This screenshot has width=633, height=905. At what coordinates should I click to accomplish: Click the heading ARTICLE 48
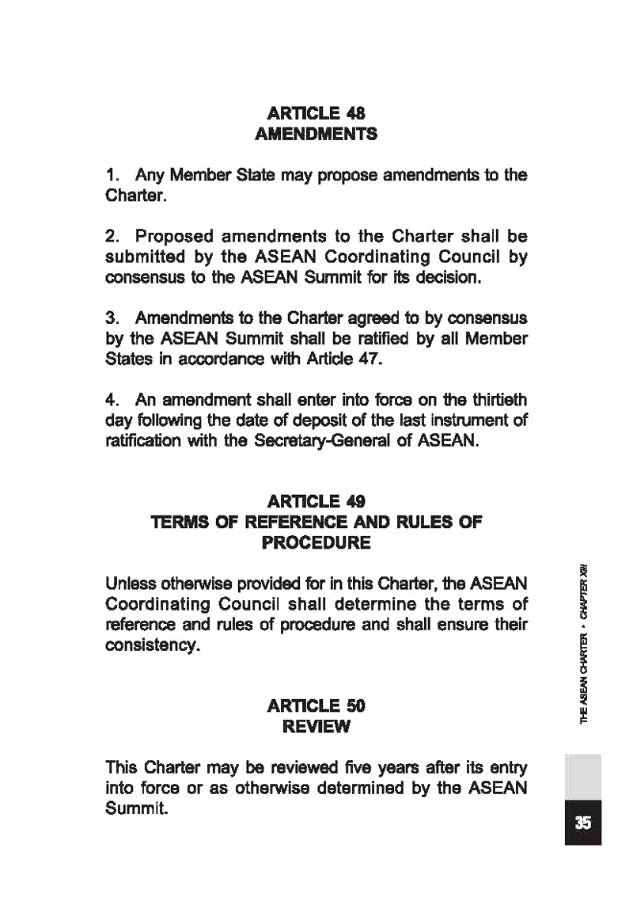click(316, 112)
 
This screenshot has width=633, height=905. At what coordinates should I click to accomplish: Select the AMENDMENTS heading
click(316, 134)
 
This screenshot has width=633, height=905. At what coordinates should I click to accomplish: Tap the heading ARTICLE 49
click(316, 501)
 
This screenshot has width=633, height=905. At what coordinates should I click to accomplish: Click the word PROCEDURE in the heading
click(316, 543)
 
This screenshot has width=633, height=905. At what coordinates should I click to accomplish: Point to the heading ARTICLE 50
click(316, 705)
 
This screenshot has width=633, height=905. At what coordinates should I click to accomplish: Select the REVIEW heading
click(316, 726)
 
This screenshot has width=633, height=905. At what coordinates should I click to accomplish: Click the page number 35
click(583, 823)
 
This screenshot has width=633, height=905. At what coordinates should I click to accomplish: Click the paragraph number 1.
click(112, 174)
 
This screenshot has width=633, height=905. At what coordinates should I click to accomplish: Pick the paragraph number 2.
click(112, 237)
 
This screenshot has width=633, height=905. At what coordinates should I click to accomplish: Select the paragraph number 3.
click(112, 318)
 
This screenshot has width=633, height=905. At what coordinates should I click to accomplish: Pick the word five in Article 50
click(324, 768)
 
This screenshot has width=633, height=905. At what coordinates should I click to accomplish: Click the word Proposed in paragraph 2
click(172, 237)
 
